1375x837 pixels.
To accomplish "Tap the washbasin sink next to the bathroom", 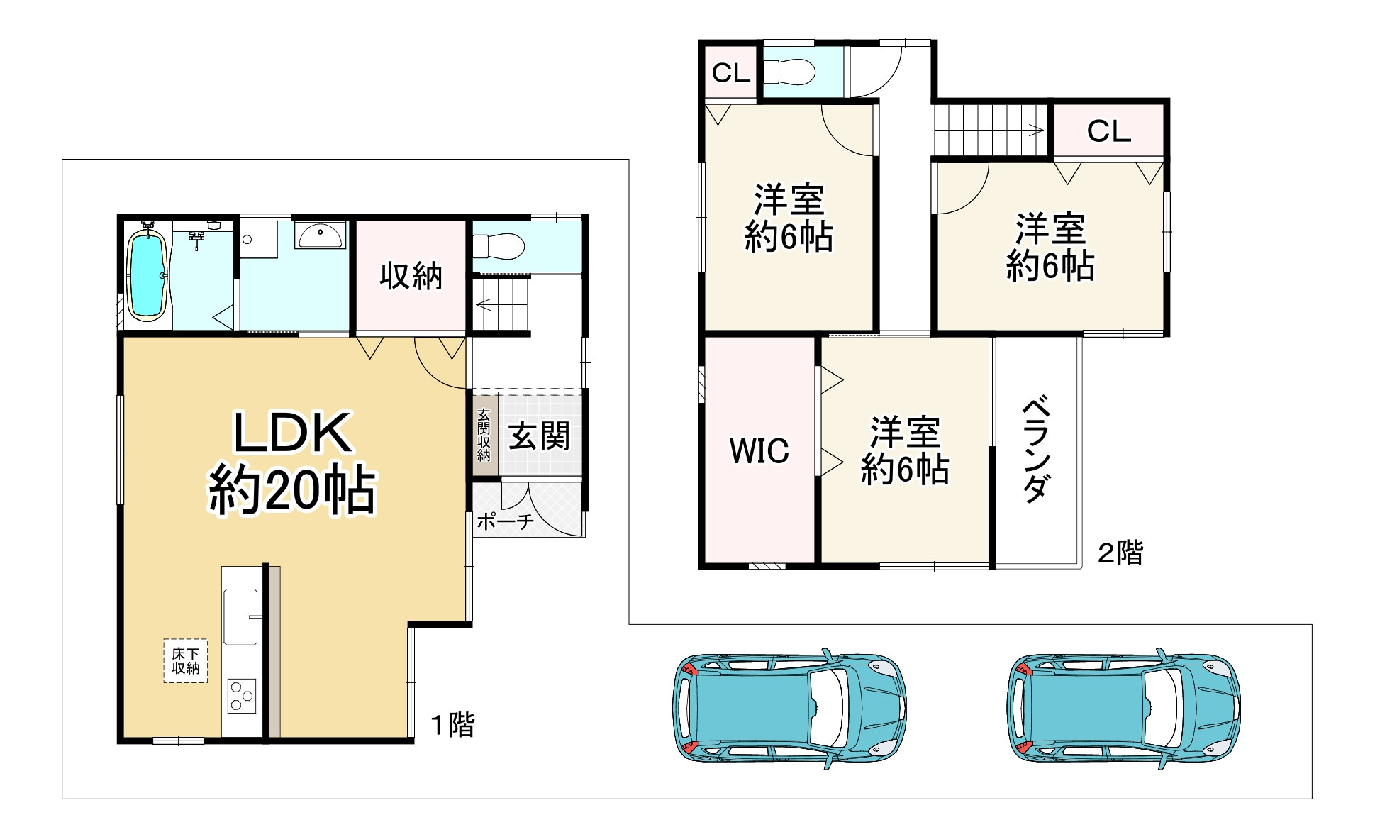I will (x=321, y=235).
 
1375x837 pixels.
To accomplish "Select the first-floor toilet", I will (x=499, y=246).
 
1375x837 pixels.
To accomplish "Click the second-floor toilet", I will (x=789, y=72).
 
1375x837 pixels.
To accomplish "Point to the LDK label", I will (x=292, y=433).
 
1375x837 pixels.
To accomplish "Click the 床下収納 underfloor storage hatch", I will (x=186, y=661).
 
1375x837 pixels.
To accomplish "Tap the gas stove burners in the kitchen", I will (x=241, y=696).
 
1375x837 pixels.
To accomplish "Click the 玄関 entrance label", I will (x=539, y=436).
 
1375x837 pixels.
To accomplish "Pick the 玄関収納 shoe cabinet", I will (x=484, y=435).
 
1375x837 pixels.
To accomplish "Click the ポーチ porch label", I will (x=505, y=521).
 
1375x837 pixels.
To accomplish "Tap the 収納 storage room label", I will (x=411, y=276).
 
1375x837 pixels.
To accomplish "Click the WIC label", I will (x=759, y=451).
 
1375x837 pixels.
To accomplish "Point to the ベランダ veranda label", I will (x=1036, y=451).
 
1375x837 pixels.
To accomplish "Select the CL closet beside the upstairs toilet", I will (x=730, y=72).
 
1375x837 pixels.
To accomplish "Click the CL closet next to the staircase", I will (x=1108, y=131).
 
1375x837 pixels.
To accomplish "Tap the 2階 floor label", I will (x=1120, y=553).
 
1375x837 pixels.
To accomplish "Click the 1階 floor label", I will (x=453, y=725).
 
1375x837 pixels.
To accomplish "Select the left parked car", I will (x=789, y=708).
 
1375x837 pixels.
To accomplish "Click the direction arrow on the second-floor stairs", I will (x=1035, y=130).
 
